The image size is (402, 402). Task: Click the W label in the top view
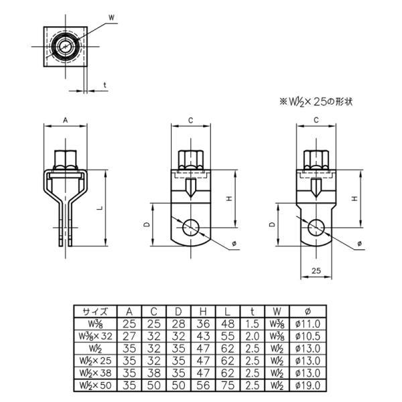pyautogui.click(x=111, y=17)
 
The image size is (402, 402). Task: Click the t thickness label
pyautogui.click(x=105, y=85)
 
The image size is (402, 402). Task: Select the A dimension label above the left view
pyautogui.click(x=66, y=120)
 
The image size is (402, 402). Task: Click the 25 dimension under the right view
pyautogui.click(x=316, y=270)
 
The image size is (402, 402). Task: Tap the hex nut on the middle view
pyautogui.click(x=191, y=160)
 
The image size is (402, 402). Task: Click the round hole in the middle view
pyautogui.click(x=191, y=228)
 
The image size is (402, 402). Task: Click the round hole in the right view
pyautogui.click(x=316, y=228)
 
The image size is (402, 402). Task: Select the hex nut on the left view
pyautogui.click(x=66, y=160)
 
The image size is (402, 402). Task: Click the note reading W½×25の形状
pyautogui.click(x=316, y=102)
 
